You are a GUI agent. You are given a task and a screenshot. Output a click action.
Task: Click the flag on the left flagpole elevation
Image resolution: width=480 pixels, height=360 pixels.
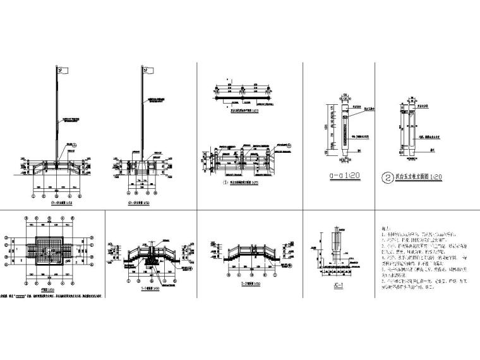(x=63, y=69)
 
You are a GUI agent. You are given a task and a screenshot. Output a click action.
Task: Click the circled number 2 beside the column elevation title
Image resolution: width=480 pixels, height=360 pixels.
(x=387, y=176)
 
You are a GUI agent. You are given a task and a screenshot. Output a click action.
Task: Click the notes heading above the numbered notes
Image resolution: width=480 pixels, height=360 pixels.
(x=381, y=232)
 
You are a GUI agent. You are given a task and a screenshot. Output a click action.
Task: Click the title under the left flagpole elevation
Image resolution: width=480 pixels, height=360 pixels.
(x=61, y=203)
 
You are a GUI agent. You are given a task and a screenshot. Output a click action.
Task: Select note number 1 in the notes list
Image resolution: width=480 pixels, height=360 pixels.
(x=404, y=237)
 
